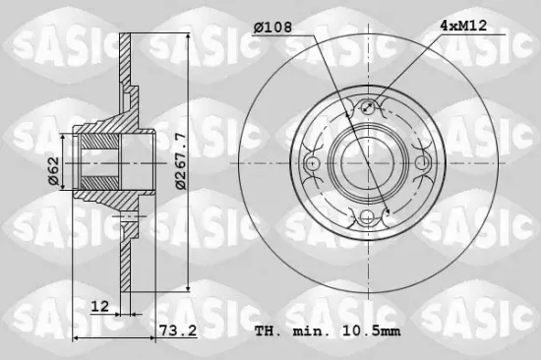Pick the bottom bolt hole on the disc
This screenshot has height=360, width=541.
click(x=368, y=218)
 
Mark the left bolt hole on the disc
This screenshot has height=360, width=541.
click(x=312, y=162)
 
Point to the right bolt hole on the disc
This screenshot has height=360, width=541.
click(x=424, y=162)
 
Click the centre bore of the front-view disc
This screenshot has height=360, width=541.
click(x=368, y=162)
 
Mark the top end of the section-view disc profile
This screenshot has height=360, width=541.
click(x=126, y=35)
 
